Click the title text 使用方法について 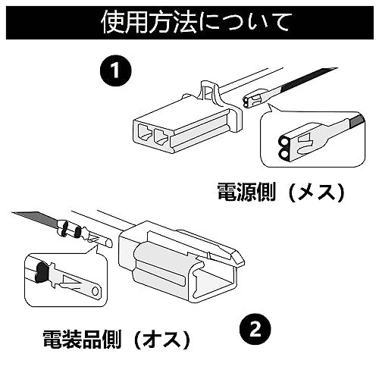195,23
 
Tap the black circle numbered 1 116,70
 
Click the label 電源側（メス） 281,193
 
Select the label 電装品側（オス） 117,340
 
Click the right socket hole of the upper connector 161,137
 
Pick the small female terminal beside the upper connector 255,100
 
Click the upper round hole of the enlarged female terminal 283,143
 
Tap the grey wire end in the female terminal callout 357,121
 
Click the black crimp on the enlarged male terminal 42,272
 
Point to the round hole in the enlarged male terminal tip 95,291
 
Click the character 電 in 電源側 227,193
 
